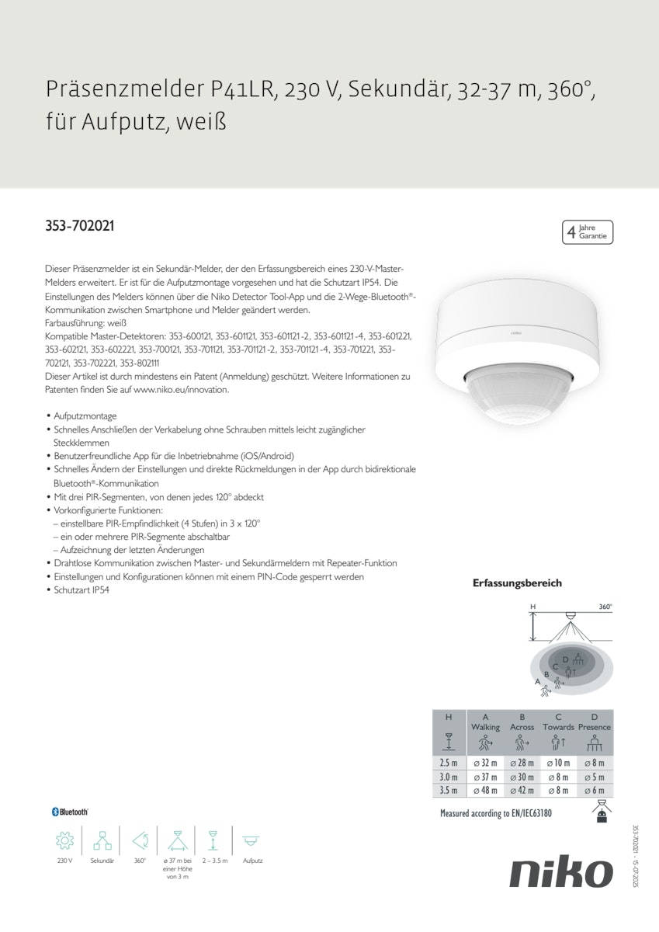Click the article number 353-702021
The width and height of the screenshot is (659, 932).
80,227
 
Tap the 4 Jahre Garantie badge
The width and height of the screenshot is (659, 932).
588,232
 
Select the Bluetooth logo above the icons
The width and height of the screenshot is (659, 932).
70,812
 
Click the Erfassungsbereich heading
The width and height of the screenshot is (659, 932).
517,582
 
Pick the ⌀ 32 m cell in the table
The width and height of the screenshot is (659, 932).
485,763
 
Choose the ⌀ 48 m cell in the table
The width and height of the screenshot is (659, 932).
485,791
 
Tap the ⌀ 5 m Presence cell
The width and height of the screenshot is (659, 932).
594,777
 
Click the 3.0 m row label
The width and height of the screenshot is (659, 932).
449,777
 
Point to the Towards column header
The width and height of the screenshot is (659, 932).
558,727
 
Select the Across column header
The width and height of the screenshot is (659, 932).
522,727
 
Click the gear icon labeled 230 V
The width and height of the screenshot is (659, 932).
64,841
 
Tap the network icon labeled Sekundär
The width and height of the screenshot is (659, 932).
102,841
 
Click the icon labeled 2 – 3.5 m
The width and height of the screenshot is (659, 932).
213,841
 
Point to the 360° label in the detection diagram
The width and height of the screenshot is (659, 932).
605,607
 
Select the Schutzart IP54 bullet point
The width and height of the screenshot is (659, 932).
82,590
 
